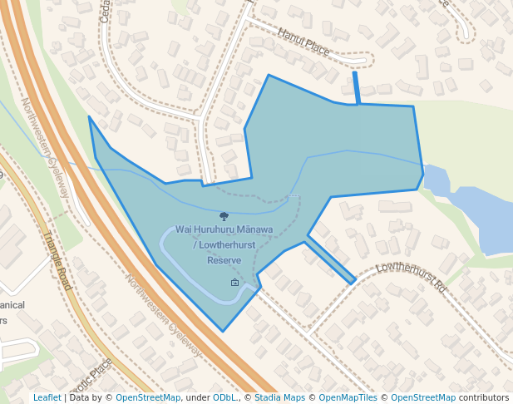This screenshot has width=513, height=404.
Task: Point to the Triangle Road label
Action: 57,260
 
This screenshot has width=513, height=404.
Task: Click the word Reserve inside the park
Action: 224,260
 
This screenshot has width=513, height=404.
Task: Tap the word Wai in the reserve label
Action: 185,229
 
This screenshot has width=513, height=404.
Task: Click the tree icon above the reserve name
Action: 224,215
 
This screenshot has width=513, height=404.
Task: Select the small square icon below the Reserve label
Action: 234,283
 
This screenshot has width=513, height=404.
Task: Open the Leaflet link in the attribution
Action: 47,397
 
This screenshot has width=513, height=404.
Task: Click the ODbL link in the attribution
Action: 224,397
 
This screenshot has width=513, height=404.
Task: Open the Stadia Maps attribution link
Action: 280,397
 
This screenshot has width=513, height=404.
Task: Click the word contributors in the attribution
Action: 484,397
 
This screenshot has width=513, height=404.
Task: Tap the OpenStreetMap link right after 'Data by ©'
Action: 148,397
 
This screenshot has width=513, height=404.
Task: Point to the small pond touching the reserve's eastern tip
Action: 436,178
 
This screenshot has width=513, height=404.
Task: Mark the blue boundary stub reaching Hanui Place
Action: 357,88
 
